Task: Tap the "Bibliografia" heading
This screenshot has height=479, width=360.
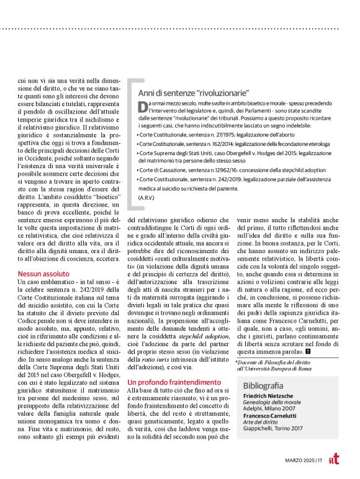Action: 266,385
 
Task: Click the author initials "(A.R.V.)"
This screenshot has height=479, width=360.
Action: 146,197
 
